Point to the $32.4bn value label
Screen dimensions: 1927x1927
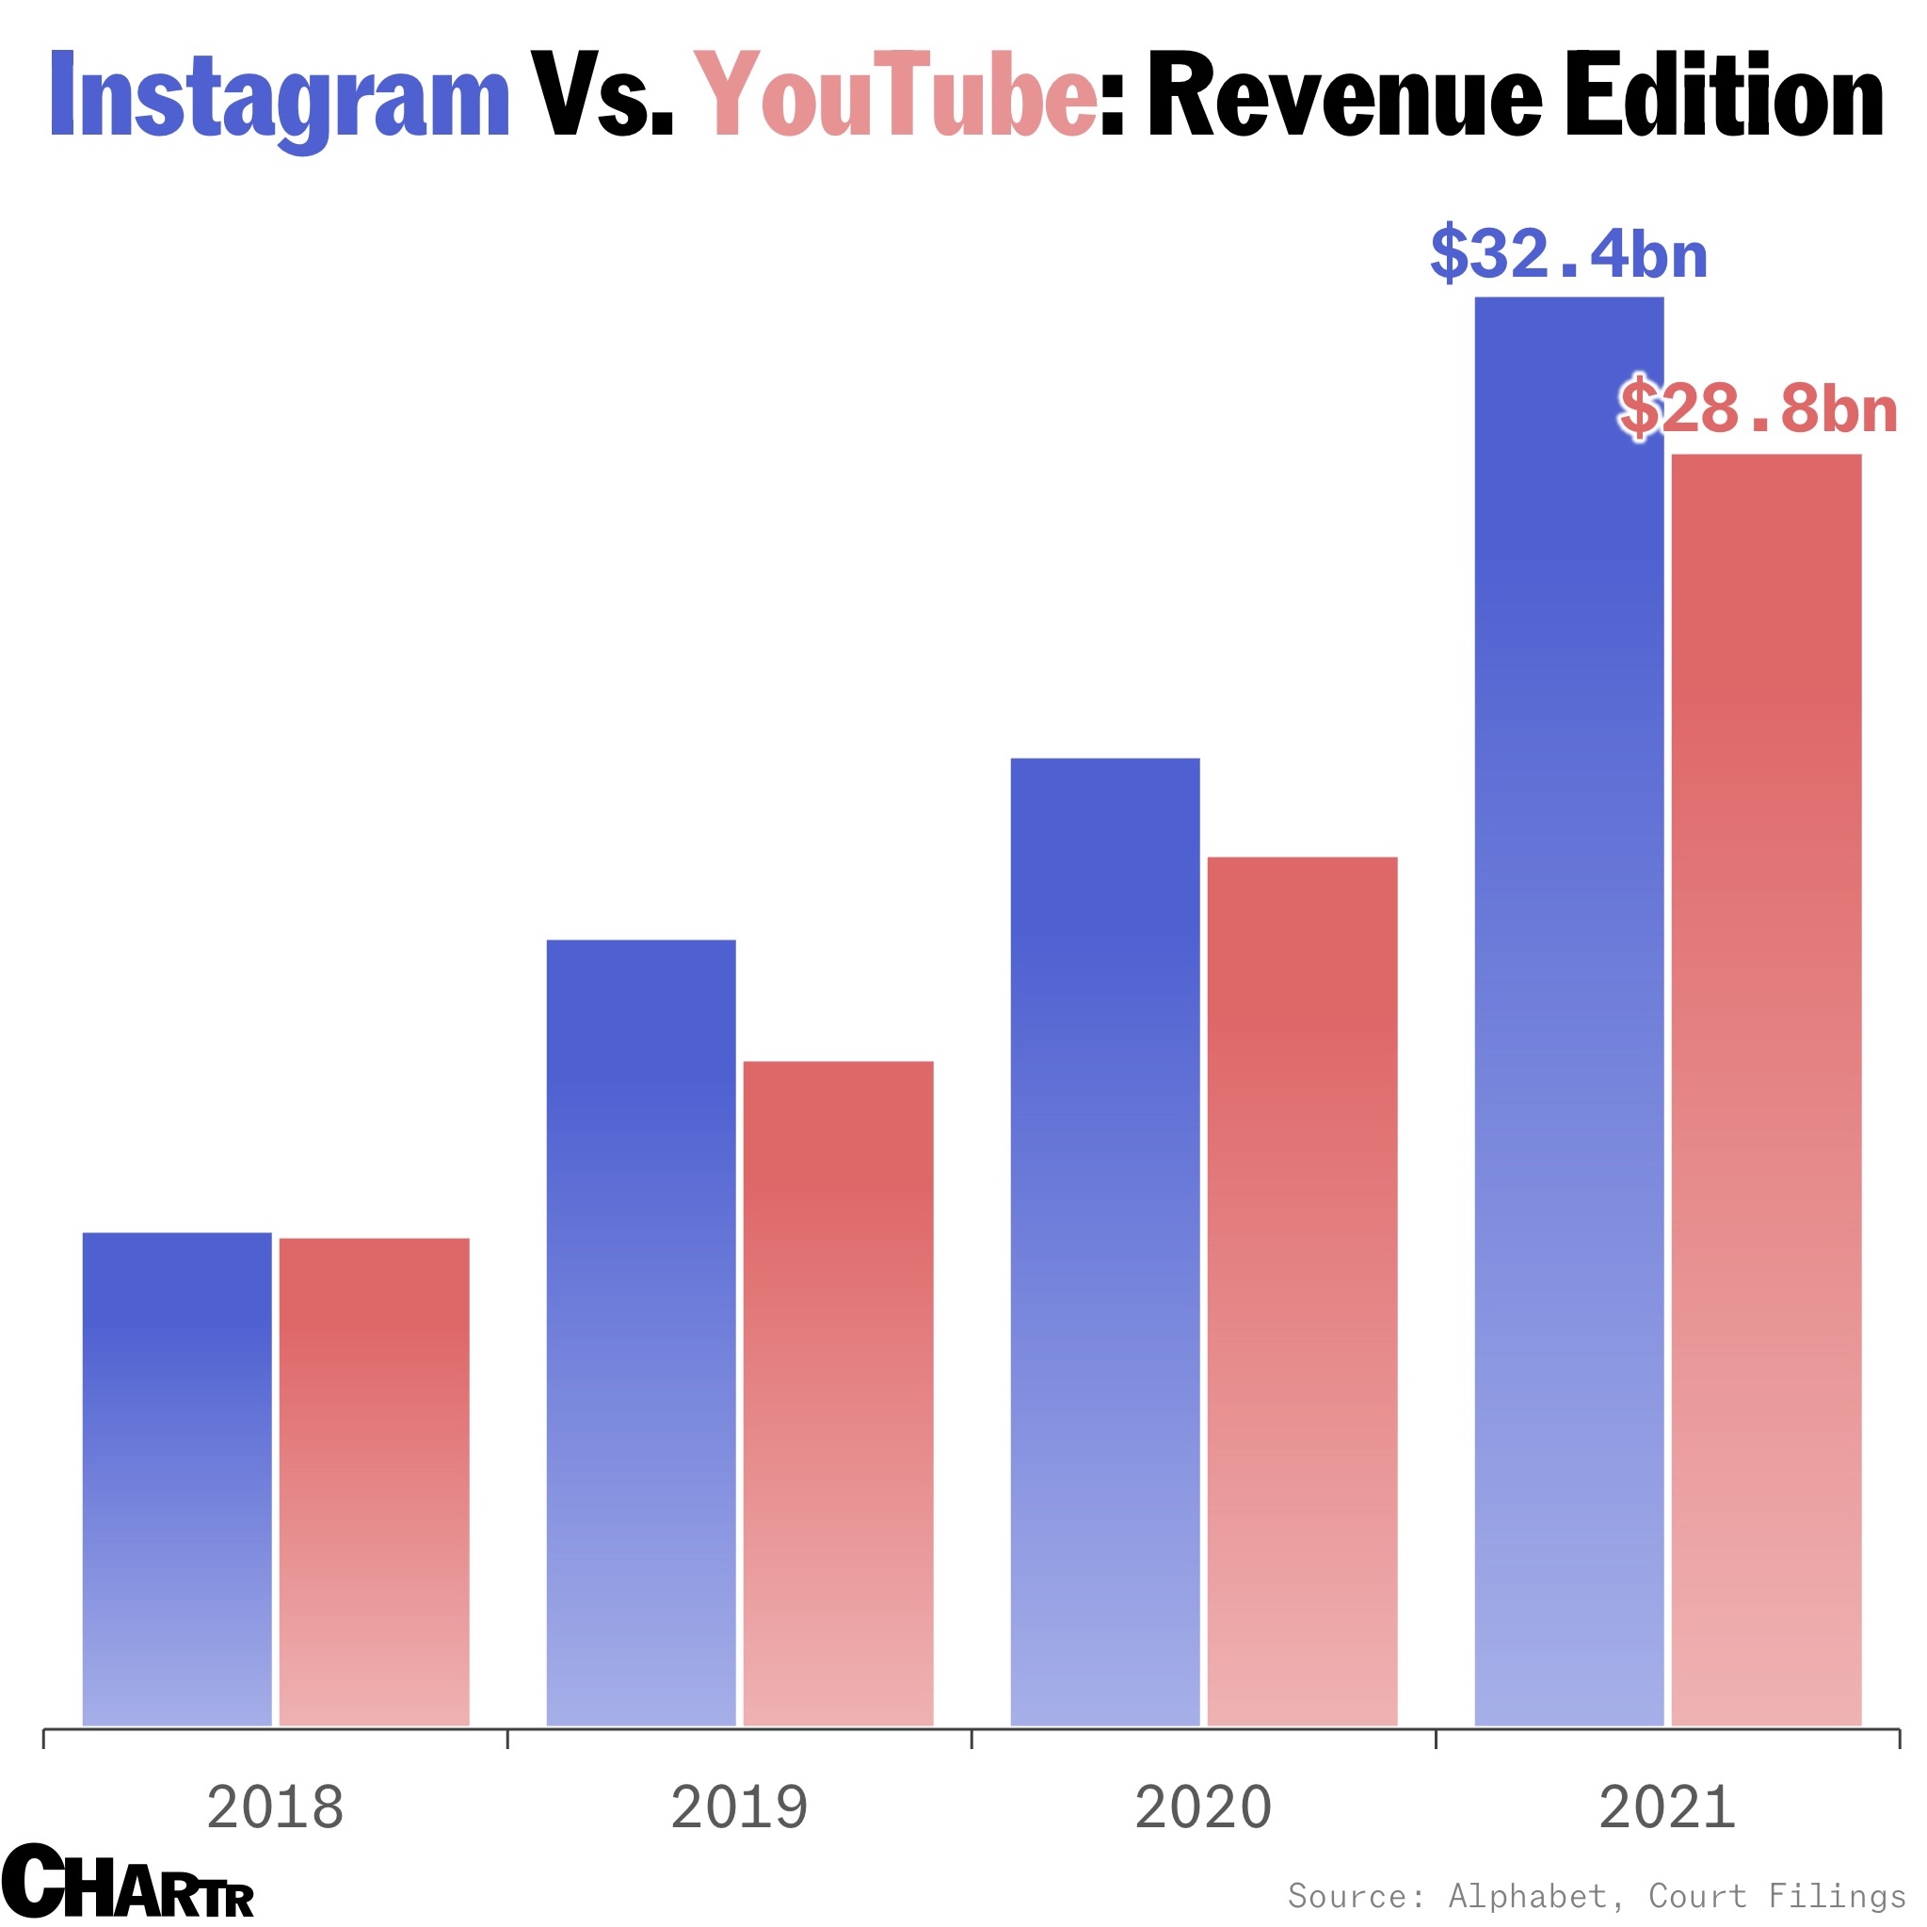click(x=1568, y=254)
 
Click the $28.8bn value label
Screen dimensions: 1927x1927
click(x=1758, y=408)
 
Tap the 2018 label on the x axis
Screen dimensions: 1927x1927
click(x=275, y=1807)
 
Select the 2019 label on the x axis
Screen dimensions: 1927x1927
click(x=739, y=1807)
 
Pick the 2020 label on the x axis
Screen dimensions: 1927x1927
click(x=1203, y=1807)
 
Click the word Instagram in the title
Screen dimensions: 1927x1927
click(x=280, y=98)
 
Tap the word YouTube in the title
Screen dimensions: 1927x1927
click(x=894, y=95)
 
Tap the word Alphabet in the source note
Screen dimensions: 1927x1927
click(x=1527, y=1895)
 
